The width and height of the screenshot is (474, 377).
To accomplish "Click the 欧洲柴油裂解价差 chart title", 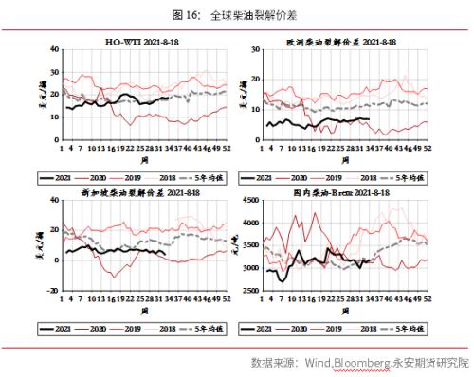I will [341, 43].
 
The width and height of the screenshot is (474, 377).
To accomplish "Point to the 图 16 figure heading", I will [236, 14].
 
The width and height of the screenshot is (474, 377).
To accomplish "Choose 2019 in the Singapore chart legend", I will [138, 327].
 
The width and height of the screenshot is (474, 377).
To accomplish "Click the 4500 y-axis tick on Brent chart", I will [249, 200].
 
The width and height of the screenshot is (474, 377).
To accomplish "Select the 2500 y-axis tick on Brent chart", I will [249, 291].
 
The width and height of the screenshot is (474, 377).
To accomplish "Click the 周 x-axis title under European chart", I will [345, 160].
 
